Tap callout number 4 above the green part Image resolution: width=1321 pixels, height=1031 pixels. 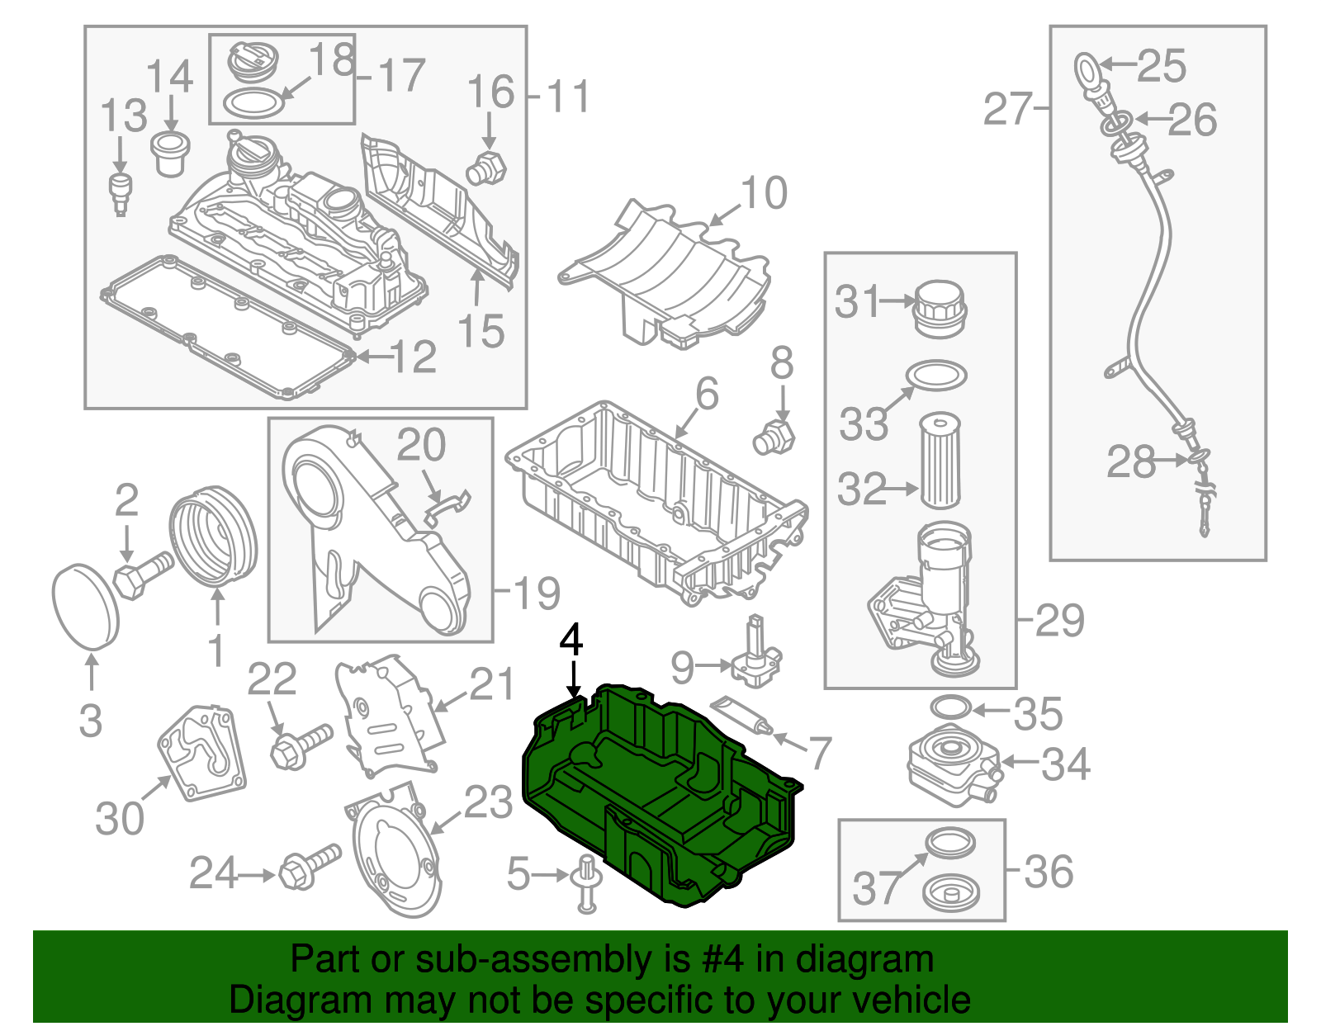(x=571, y=641)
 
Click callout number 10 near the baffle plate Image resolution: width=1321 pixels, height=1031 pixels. (x=764, y=194)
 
